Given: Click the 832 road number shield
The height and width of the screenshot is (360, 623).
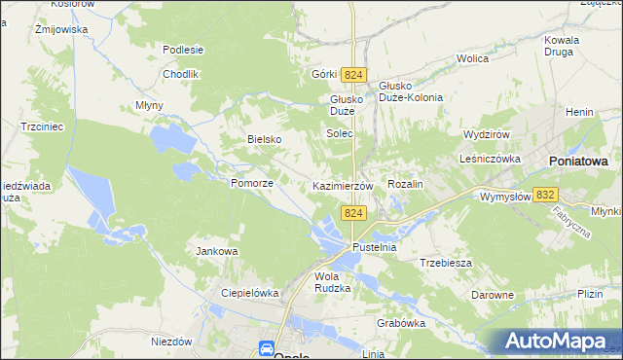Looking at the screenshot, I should click(x=546, y=195).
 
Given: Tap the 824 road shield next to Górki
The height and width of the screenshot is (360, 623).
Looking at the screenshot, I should click(x=353, y=75).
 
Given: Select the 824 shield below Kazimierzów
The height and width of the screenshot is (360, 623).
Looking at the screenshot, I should click(x=353, y=213).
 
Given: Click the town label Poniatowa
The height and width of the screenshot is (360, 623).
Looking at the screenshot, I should click(x=578, y=161).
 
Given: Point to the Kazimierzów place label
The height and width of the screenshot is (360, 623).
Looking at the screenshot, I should click(x=343, y=185).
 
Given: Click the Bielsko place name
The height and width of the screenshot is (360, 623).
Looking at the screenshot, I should click(x=264, y=139).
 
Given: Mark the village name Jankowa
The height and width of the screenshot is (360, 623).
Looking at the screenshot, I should click(x=217, y=251).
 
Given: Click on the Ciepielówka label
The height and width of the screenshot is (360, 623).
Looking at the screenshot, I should click(x=250, y=292).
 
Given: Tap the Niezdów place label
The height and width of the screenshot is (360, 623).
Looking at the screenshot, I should click(x=172, y=342).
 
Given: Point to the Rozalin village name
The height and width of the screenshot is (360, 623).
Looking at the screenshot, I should click(x=406, y=184).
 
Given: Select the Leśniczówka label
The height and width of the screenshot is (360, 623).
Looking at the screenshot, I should click(x=493, y=158).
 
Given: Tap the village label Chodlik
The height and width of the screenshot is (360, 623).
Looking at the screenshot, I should click(x=181, y=74).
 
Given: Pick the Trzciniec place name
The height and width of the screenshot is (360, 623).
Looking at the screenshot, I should click(x=42, y=126).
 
